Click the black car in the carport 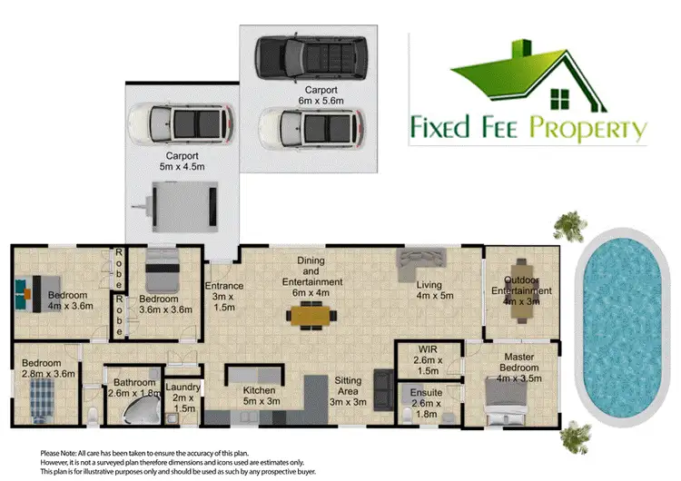pos(311,56)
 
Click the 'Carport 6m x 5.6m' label pos(321,95)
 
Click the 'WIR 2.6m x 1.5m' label pos(429,359)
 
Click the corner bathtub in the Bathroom pos(141,413)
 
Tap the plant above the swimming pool pos(569,223)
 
